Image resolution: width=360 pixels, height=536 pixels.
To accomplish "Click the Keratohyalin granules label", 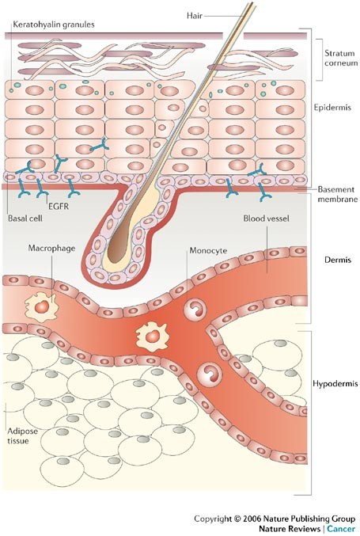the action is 54,25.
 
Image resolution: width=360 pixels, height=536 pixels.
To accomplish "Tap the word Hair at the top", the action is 195,15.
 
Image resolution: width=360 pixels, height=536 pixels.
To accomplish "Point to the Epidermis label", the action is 332,108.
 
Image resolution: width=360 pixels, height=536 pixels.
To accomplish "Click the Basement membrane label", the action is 338,194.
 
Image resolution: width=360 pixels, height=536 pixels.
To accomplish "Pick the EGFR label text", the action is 59,206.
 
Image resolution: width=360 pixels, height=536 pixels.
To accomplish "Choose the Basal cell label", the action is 25,218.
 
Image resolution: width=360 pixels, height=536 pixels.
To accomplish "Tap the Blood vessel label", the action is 266,218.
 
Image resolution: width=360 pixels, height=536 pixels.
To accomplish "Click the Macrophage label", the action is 52,248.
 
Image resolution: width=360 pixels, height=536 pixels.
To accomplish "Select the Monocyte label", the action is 208,250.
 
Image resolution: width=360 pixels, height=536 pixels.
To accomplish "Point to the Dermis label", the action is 338,260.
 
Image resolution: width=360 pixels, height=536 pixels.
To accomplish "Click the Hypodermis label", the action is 335,383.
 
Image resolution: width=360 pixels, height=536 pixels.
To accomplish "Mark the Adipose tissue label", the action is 22,435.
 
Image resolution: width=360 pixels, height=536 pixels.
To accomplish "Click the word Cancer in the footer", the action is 341,529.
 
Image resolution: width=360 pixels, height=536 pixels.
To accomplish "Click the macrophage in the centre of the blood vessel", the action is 152,336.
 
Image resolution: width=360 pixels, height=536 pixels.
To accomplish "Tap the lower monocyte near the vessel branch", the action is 210,374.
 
